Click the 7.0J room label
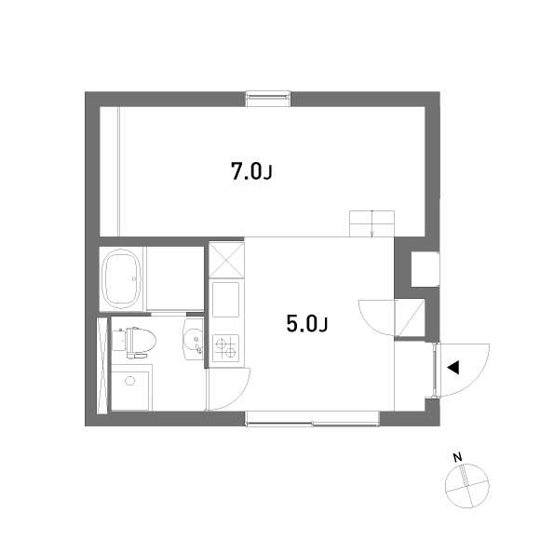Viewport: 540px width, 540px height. pyautogui.click(x=251, y=171)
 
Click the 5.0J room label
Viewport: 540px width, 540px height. pyautogui.click(x=307, y=324)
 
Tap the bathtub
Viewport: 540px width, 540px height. pyautogui.click(x=122, y=279)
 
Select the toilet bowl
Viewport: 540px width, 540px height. pyautogui.click(x=141, y=341)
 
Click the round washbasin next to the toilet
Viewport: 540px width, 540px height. pyautogui.click(x=194, y=339)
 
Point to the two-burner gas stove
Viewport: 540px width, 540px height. pyautogui.click(x=226, y=348)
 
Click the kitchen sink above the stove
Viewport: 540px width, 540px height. pyautogui.click(x=226, y=299)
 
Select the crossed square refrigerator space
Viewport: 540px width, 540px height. pyautogui.click(x=226, y=260)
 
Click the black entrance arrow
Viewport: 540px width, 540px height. pyautogui.click(x=453, y=368)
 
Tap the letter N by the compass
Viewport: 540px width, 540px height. pyautogui.click(x=457, y=458)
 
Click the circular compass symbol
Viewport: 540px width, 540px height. pyautogui.click(x=467, y=486)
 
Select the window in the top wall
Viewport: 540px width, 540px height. pyautogui.click(x=268, y=99)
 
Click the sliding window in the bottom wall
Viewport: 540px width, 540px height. pyautogui.click(x=312, y=419)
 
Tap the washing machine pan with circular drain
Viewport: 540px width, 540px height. pyautogui.click(x=130, y=387)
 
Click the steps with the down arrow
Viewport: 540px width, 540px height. pyautogui.click(x=371, y=223)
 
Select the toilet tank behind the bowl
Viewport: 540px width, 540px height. pyautogui.click(x=118, y=340)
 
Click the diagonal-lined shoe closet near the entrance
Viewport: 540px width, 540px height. pyautogui.click(x=411, y=317)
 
